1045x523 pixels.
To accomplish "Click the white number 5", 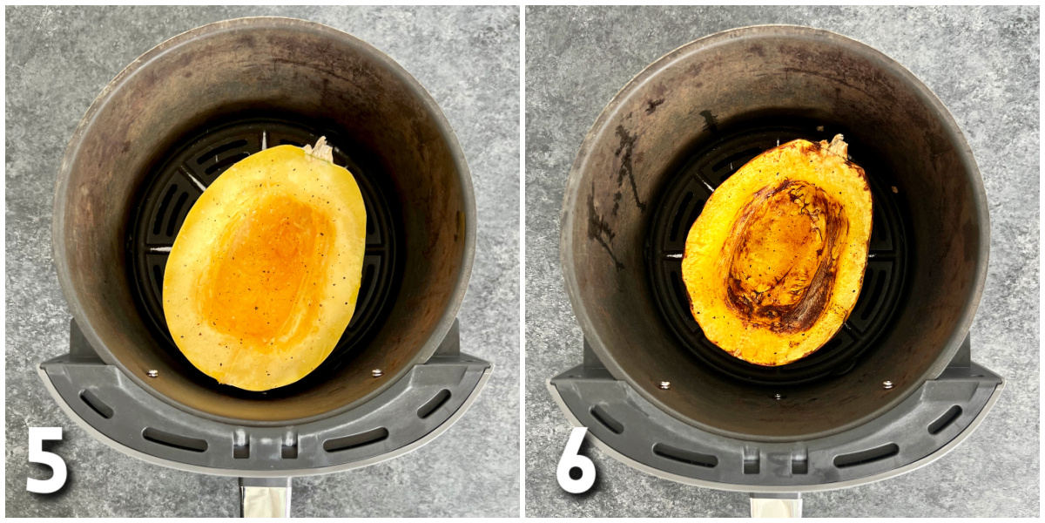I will click(47, 459).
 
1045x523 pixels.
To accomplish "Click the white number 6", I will click(576, 459).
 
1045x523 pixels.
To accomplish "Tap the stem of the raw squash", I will click(320, 150).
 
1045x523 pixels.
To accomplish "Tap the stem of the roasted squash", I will click(837, 146).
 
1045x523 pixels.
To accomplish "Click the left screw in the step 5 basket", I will click(152, 373).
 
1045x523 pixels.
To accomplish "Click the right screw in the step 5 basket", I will click(377, 373).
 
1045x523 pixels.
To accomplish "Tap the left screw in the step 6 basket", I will click(664, 384).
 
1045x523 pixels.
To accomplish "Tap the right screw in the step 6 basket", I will click(887, 384).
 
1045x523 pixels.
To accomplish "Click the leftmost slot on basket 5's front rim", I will click(95, 404).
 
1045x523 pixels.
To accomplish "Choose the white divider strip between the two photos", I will click(522, 261).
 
